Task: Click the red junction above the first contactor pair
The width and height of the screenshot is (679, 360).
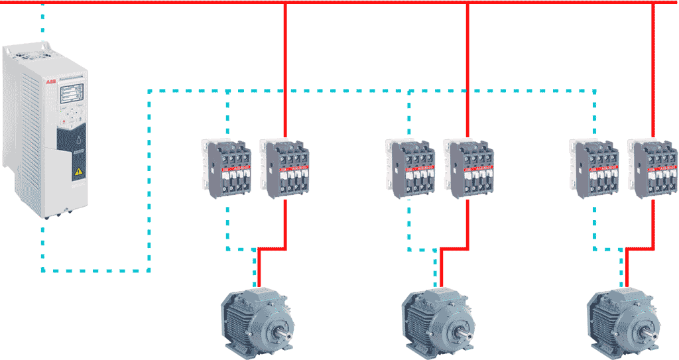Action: (285, 3)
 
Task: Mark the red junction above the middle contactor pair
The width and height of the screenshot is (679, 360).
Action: (467, 3)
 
